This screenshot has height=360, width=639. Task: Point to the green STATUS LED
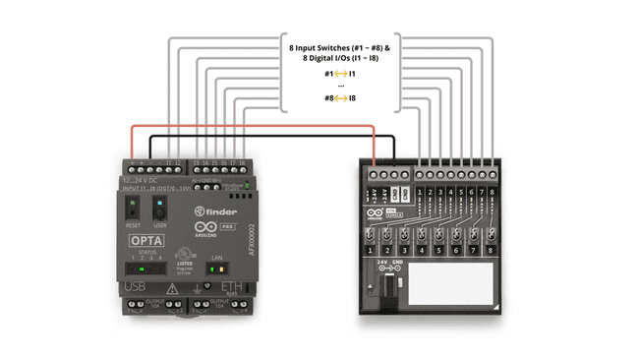click(144, 267)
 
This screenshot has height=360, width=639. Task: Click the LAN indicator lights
click(219, 267)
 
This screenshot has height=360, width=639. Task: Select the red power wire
click(256, 126)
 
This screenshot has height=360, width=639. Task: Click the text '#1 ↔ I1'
click(340, 73)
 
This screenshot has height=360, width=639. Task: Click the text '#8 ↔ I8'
click(340, 99)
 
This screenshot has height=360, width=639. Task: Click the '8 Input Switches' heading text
click(340, 47)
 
